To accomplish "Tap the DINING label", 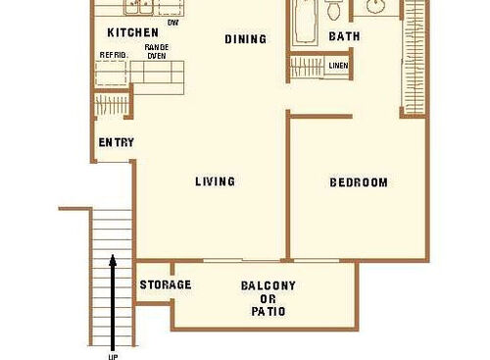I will (245, 39).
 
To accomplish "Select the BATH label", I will (344, 36).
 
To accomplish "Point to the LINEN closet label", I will (338, 66).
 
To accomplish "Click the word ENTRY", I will (116, 142).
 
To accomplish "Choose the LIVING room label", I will (215, 181).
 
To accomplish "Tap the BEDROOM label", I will (358, 182).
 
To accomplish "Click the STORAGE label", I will (165, 285).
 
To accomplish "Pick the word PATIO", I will (269, 312).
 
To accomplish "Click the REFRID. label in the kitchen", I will (113, 55).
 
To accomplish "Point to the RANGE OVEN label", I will (157, 51).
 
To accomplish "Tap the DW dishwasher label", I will (173, 22).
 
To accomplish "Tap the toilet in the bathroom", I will (334, 10).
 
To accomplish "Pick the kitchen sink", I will (138, 8).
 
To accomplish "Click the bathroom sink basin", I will (374, 7).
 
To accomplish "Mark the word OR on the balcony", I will (269, 299).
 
